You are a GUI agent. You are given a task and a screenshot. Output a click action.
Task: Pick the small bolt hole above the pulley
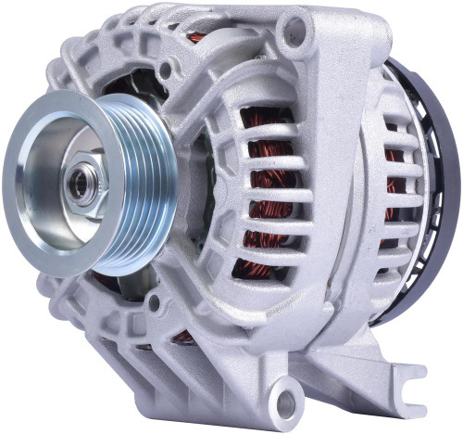click(x=165, y=70)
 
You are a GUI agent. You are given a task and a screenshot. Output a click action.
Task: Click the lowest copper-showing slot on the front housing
click(x=259, y=269)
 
